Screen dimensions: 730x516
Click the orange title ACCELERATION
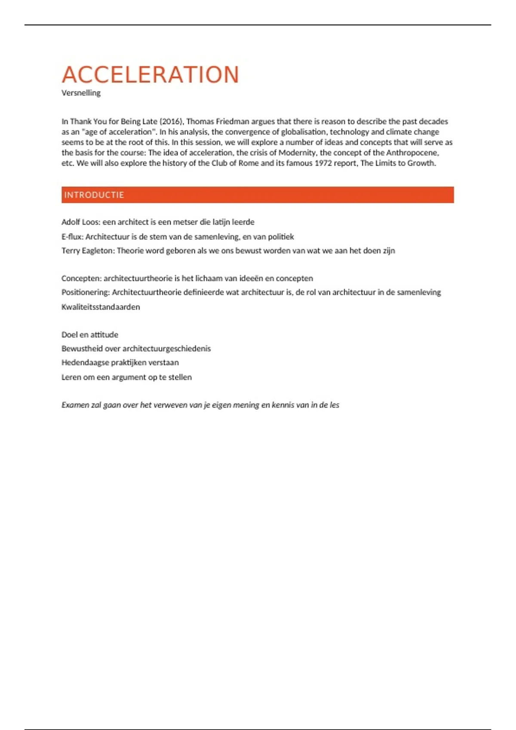(150, 75)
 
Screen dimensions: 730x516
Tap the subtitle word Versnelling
(81, 93)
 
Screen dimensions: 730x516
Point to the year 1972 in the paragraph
(323, 163)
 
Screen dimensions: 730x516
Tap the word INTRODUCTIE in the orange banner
(94, 195)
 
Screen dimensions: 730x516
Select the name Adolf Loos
(81, 222)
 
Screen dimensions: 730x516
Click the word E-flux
(71, 237)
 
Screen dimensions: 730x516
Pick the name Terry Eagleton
(88, 251)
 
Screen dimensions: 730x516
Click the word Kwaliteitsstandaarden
(101, 307)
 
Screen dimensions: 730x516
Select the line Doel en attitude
(89, 335)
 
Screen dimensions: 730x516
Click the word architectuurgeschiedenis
(166, 349)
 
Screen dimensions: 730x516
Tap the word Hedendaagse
(85, 362)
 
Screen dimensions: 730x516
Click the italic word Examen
(75, 405)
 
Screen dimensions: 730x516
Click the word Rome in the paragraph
(249, 163)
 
